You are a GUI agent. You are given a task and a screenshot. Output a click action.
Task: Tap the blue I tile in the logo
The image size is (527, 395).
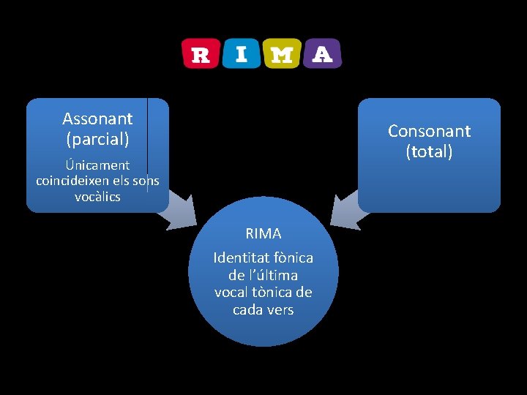click(x=241, y=53)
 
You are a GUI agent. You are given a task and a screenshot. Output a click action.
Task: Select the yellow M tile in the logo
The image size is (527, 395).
click(x=281, y=54)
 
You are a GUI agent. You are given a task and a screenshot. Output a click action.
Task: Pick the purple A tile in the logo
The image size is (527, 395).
click(x=322, y=53)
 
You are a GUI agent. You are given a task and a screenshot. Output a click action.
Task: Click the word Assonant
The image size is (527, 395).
click(x=97, y=118)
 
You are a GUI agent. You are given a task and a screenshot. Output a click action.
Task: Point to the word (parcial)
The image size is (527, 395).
click(x=97, y=138)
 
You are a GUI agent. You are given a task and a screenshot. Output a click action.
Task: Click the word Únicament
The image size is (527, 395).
click(x=97, y=165)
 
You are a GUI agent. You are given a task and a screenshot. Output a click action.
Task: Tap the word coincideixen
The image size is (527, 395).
click(x=70, y=181)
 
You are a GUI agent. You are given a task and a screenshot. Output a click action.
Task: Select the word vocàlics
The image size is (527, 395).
click(x=97, y=197)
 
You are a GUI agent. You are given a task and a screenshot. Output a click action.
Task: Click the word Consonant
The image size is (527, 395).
click(x=429, y=131)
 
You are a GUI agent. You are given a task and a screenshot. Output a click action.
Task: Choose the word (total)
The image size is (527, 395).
click(x=430, y=151)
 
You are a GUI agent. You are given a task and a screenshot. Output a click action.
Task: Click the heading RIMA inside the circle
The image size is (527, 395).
click(x=263, y=234)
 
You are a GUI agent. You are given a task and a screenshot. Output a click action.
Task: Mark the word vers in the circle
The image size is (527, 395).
click(x=281, y=309)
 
